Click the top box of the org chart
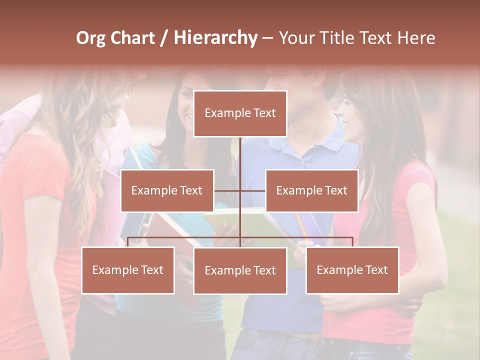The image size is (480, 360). [240, 113]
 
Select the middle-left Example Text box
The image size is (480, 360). [167, 190]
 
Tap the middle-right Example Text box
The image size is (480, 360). [311, 190]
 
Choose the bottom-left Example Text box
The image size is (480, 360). [128, 270]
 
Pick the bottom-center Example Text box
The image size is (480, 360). [240, 270]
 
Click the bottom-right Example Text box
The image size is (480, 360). [352, 270]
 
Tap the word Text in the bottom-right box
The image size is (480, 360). [375, 270]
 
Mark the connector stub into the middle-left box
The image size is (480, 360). [227, 190]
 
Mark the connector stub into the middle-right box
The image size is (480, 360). [253, 190]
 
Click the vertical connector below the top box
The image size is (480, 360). [240, 160]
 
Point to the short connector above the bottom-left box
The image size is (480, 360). [128, 242]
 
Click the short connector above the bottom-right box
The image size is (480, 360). [352, 242]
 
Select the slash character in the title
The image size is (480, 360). [164, 38]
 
